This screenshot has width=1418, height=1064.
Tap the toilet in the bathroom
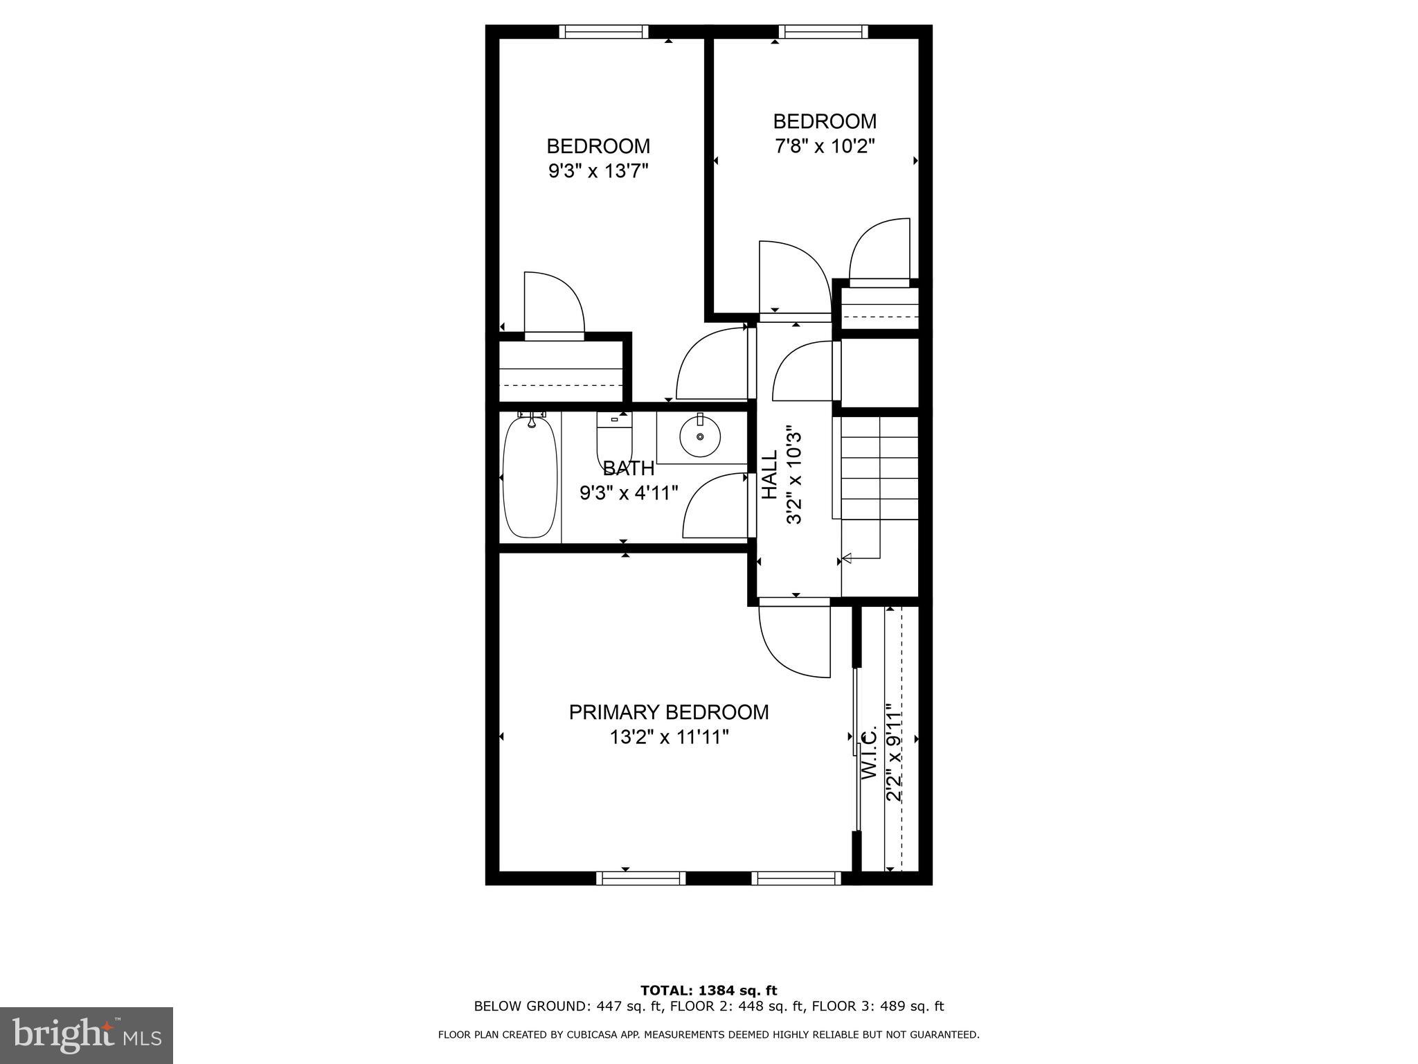click(x=614, y=439)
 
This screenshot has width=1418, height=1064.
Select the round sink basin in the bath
click(x=700, y=436)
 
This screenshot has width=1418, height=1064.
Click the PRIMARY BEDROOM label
click(x=669, y=712)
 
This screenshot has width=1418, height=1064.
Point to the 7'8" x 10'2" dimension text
click(x=825, y=146)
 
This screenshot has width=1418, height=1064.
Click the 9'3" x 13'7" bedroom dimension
click(x=598, y=171)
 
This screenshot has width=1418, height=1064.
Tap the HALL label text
click(x=770, y=475)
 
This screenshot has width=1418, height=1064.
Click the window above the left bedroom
click(x=604, y=31)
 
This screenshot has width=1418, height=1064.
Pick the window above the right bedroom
click(x=823, y=31)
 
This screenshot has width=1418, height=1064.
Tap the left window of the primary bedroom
click(x=640, y=878)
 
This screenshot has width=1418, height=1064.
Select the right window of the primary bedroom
click(x=796, y=878)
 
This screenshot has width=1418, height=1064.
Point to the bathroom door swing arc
click(x=713, y=506)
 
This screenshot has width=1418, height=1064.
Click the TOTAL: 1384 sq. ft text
click(x=709, y=991)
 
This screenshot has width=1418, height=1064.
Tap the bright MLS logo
click(x=87, y=1035)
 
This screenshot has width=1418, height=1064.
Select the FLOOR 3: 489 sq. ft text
click(x=878, y=1006)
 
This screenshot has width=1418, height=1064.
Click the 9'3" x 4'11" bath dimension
click(x=629, y=493)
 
